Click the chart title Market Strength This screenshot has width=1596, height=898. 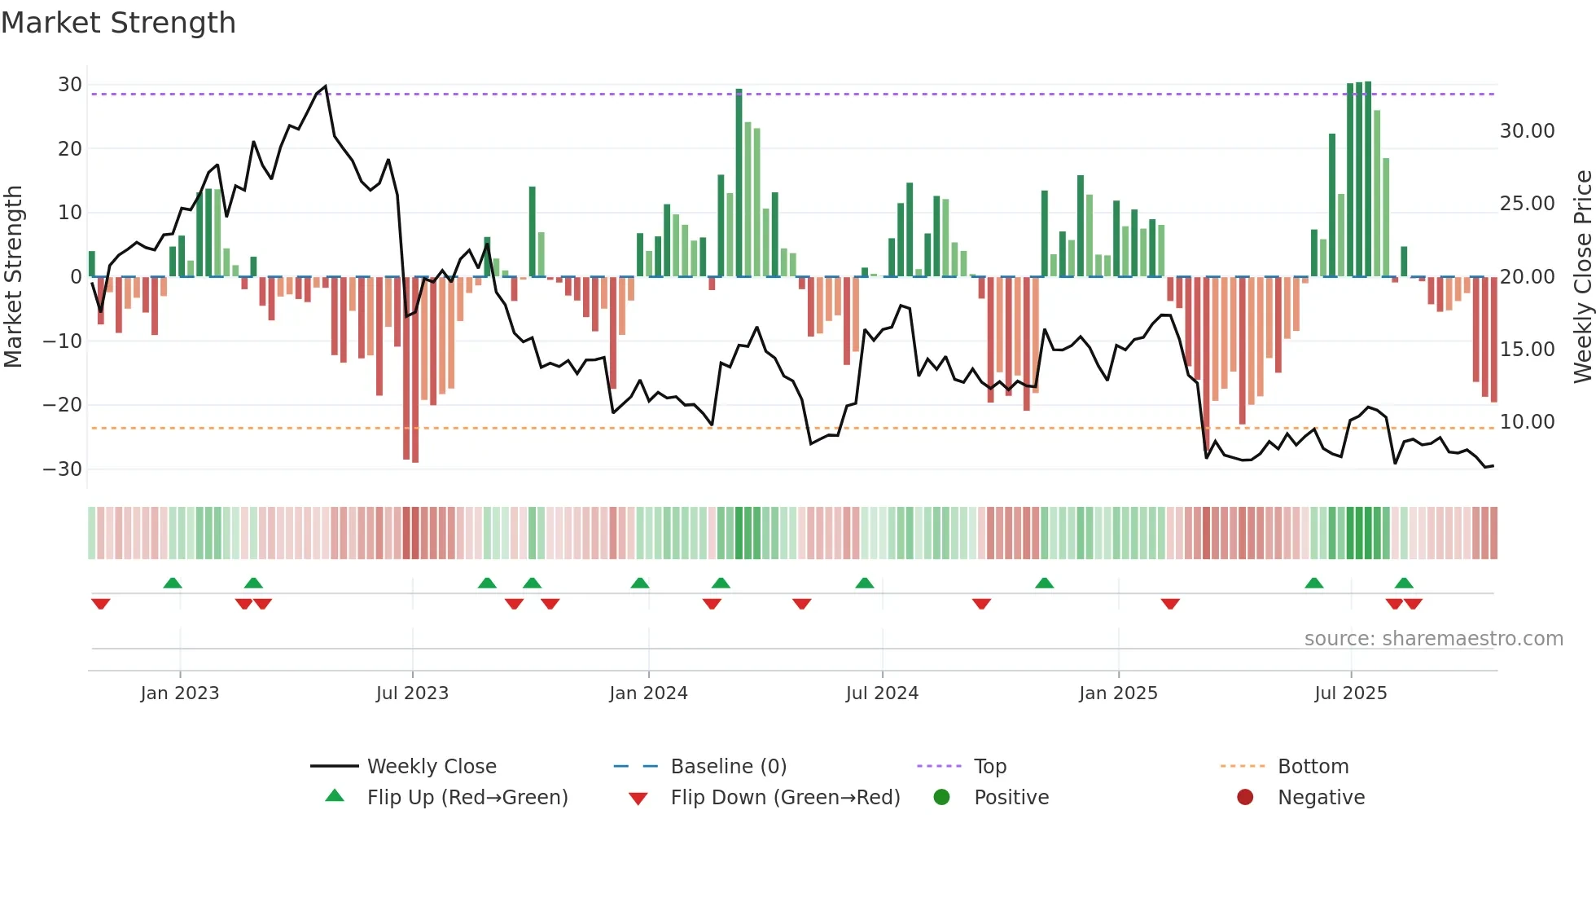(x=118, y=23)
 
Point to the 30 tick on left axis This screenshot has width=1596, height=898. (x=70, y=85)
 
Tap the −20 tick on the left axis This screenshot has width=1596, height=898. (x=63, y=405)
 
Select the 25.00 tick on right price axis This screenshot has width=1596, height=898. (x=1527, y=204)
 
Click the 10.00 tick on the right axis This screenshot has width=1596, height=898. (x=1527, y=422)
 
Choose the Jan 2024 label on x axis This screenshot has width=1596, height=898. (x=648, y=693)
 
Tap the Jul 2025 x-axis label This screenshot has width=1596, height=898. (x=1350, y=693)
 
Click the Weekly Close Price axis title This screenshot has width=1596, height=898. (x=1582, y=276)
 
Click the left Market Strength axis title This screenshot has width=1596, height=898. (x=14, y=276)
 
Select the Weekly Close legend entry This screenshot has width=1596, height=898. (x=431, y=767)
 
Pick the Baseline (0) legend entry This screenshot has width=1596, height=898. (x=728, y=767)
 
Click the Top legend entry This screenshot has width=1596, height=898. (x=989, y=767)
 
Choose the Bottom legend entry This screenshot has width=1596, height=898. (x=1313, y=767)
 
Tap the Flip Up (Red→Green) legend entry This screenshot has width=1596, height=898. (x=467, y=798)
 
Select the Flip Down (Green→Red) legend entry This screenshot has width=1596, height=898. (x=785, y=798)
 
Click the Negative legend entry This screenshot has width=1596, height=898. (x=1320, y=798)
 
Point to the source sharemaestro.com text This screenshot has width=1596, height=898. (x=1433, y=639)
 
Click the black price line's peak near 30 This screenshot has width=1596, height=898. (x=326, y=86)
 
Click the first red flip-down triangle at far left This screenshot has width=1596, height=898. (x=101, y=604)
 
